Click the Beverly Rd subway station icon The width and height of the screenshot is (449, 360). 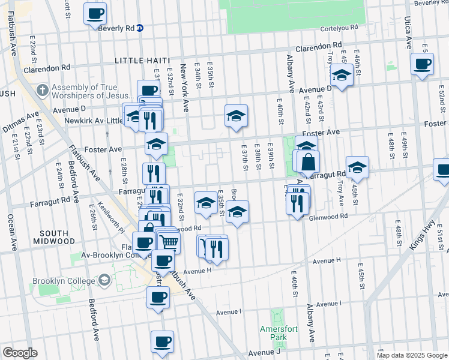[x=139, y=28]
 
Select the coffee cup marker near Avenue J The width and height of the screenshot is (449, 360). [x=162, y=342]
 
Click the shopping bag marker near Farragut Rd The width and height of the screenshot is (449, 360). [x=308, y=162]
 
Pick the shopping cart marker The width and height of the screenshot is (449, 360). [x=169, y=242]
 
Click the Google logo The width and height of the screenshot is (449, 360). [x=20, y=353]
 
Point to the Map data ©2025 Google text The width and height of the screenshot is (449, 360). [x=412, y=355]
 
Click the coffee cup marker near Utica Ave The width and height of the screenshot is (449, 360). [x=422, y=64]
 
